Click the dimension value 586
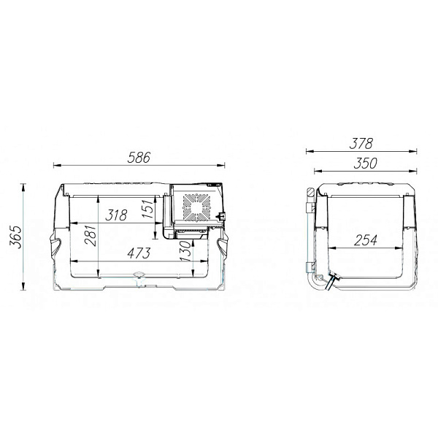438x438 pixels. point(139,158)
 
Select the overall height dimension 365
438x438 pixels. point(15,237)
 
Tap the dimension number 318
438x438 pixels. point(116,215)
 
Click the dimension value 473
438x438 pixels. point(139,253)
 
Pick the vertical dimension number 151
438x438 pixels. point(148,209)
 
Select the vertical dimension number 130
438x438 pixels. point(185,251)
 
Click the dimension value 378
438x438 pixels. point(361,144)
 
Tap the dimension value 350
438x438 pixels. point(366,164)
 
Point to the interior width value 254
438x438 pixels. point(366,240)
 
